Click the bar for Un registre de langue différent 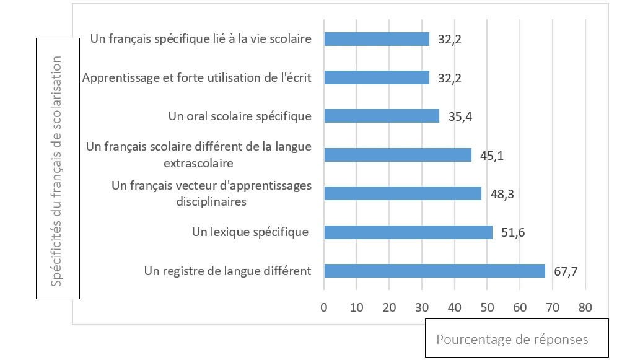point(434,271)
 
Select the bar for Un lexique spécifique point(408,232)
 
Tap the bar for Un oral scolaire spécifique point(381,116)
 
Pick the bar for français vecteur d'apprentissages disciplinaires point(402,193)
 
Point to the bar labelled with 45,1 point(397,155)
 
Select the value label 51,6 point(514,233)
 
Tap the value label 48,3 point(502,194)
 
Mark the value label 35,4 point(460,116)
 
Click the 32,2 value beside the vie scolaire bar point(450,40)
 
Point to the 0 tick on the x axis point(323,307)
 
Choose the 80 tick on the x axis point(585,307)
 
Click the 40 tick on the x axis point(454,307)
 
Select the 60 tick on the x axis point(520,307)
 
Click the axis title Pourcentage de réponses point(512,340)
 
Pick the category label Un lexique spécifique point(250,232)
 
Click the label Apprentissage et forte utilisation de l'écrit point(196,78)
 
